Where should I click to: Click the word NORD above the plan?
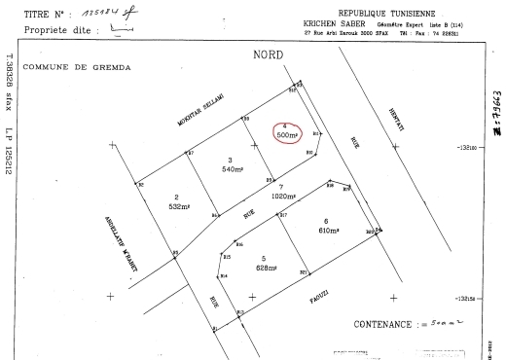(x=267, y=54)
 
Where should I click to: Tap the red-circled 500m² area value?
(x=288, y=135)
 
